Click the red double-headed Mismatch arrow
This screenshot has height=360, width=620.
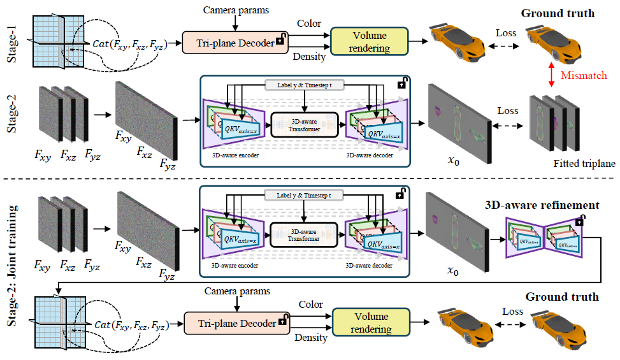pyautogui.click(x=550, y=75)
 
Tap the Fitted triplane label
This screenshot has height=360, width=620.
pyautogui.click(x=584, y=164)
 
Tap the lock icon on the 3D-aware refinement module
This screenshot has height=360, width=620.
pyautogui.click(x=579, y=221)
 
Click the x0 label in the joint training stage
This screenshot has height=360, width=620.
pyautogui.click(x=452, y=271)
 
